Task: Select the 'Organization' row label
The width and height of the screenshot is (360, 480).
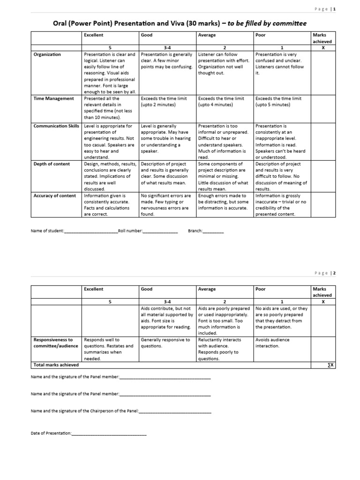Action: [47, 54]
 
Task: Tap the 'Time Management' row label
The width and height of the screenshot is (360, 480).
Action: [53, 98]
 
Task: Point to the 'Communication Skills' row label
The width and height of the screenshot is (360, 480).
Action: [57, 126]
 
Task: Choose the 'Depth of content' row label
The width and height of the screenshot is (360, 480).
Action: [52, 164]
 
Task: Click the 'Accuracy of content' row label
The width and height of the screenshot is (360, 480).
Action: [54, 195]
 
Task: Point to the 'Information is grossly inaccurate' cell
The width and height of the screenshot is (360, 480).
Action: [281, 205]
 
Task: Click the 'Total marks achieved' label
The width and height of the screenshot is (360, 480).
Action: [56, 365]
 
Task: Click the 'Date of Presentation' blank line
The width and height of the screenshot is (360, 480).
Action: [109, 434]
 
